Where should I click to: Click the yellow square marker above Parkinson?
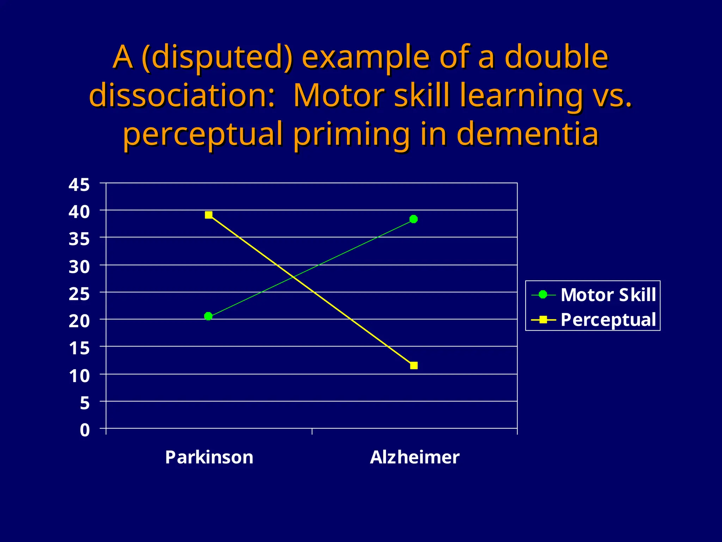(x=209, y=215)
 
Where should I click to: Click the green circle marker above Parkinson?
(x=208, y=316)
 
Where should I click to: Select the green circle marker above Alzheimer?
(x=414, y=219)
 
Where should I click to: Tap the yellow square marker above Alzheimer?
(x=414, y=365)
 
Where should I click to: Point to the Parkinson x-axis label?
(x=209, y=457)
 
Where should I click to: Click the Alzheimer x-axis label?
(x=415, y=457)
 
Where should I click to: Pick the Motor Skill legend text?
(x=608, y=295)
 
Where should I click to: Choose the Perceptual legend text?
(x=608, y=320)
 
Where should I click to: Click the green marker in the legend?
(x=543, y=294)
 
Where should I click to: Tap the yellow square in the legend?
(x=543, y=320)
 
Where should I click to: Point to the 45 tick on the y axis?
(x=79, y=185)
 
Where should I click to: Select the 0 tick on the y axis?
(x=85, y=430)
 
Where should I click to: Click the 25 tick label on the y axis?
(x=79, y=294)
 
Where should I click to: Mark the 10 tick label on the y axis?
(x=79, y=376)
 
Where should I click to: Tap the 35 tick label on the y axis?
(x=79, y=239)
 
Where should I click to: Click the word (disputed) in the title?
(x=217, y=57)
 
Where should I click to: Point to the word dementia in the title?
(x=527, y=134)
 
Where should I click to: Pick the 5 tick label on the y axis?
(x=85, y=403)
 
